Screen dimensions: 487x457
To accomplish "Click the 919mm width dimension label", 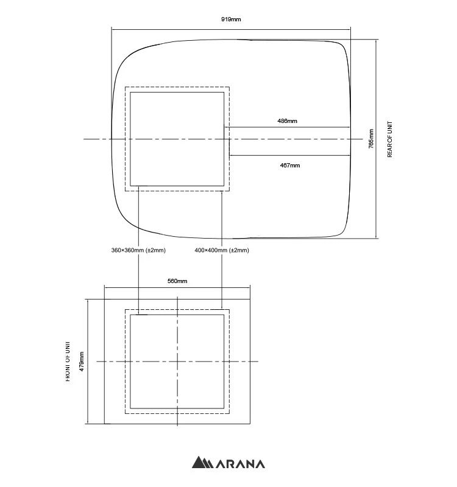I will click(231, 19).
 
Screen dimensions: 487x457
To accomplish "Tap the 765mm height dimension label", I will click(371, 139).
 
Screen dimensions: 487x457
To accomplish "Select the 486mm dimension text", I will click(287, 121).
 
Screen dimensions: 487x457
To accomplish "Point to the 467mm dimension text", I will click(289, 165).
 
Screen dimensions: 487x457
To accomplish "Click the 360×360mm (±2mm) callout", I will click(138, 250).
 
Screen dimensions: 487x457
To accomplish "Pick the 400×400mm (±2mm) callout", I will click(222, 250).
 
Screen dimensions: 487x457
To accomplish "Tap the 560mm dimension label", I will click(177, 281).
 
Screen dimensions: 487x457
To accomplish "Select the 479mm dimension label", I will click(82, 362).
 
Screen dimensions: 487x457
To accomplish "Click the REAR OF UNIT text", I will click(390, 139).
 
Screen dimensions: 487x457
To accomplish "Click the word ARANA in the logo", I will click(239, 463).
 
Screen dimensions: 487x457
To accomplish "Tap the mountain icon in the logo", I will click(201, 463).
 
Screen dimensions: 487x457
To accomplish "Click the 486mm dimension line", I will click(287, 127).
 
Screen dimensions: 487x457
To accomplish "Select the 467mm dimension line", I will click(289, 156).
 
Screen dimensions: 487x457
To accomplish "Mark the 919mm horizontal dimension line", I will click(231, 28).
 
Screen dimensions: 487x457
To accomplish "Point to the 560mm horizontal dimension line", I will click(177, 287).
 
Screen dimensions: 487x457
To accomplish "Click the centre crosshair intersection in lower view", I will click(177, 362).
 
